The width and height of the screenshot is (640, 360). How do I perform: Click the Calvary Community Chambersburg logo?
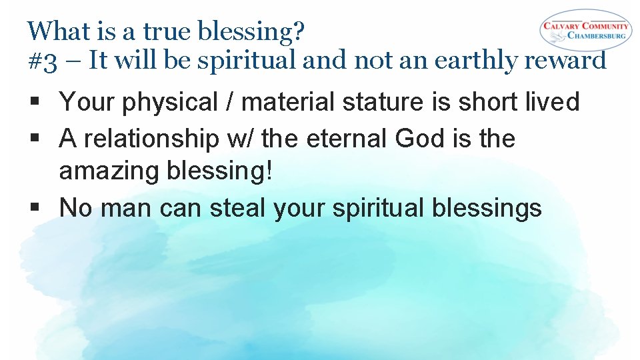pos(585,30)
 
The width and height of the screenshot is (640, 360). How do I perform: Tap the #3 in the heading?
pos(42,61)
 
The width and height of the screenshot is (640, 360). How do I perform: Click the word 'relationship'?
pos(153,139)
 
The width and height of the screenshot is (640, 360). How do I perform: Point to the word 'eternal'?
pos(347,139)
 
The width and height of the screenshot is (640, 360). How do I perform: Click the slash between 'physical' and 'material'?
pos(231,102)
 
